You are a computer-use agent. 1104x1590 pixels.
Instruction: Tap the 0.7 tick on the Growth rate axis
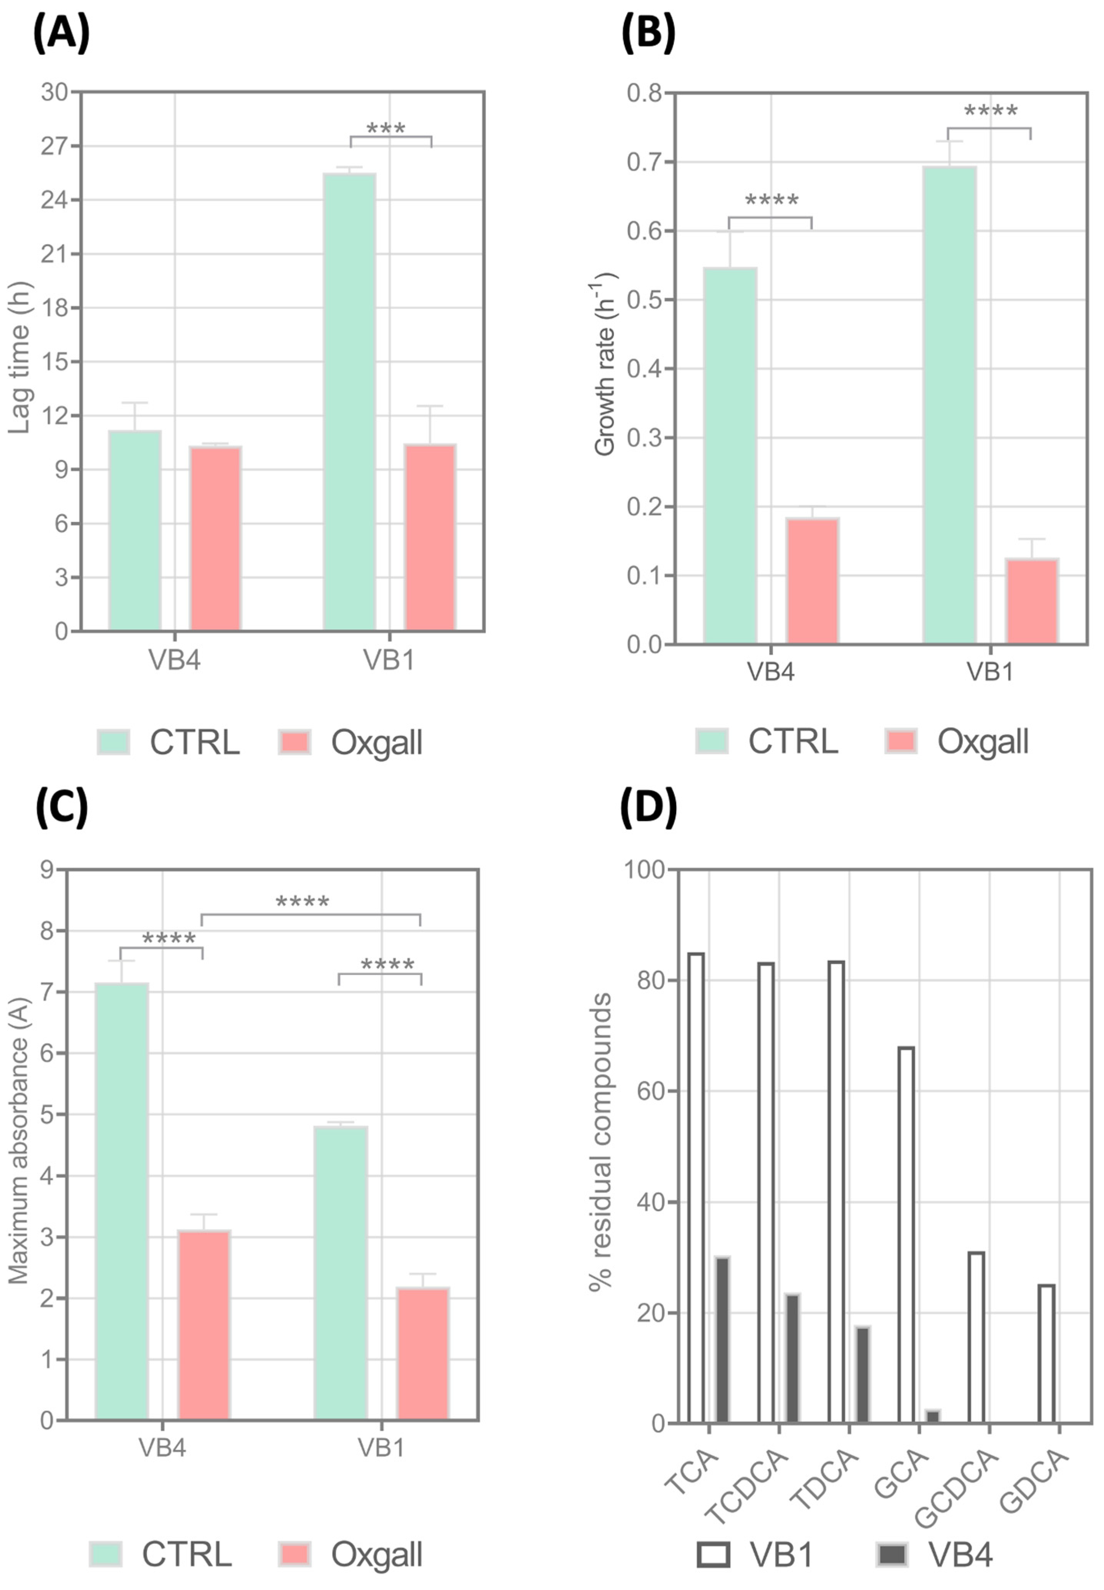[643, 162]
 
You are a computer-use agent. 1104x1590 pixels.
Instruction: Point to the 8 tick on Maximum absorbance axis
[47, 931]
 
